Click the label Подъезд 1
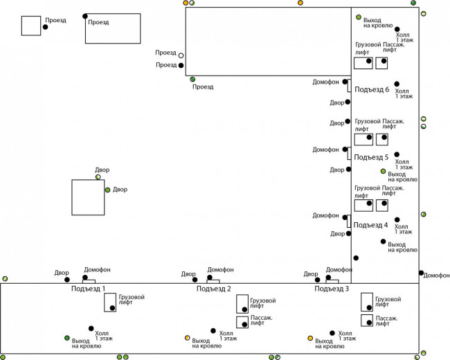click(x=89, y=288)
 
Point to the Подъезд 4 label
click(x=371, y=225)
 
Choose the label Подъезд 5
click(x=371, y=157)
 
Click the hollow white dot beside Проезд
click(x=181, y=55)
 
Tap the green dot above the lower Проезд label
click(x=192, y=80)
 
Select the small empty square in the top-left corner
click(x=30, y=25)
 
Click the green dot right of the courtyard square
click(x=107, y=190)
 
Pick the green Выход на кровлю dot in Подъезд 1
click(x=67, y=338)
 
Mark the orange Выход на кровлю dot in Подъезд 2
click(x=187, y=338)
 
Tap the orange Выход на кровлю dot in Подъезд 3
click(x=310, y=338)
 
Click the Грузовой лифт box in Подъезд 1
click(x=110, y=303)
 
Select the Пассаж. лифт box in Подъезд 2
click(x=242, y=322)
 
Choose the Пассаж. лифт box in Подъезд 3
click(x=367, y=321)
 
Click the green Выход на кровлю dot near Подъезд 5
click(x=383, y=171)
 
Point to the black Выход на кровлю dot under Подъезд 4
click(x=383, y=242)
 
